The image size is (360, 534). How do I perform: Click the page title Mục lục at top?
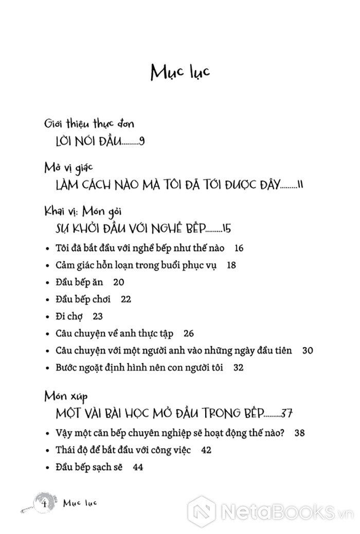click(x=179, y=73)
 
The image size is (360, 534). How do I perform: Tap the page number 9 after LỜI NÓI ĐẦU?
click(x=142, y=141)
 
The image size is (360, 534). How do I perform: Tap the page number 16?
click(x=238, y=248)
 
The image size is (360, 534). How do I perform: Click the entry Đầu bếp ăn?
click(x=75, y=282)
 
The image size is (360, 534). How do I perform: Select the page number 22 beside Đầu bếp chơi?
click(x=126, y=299)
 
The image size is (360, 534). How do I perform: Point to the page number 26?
click(x=188, y=333)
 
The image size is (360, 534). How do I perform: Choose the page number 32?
click(x=238, y=368)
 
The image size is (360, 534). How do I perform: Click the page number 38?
click(x=300, y=433)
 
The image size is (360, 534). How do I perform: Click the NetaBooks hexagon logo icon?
click(x=201, y=510)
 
